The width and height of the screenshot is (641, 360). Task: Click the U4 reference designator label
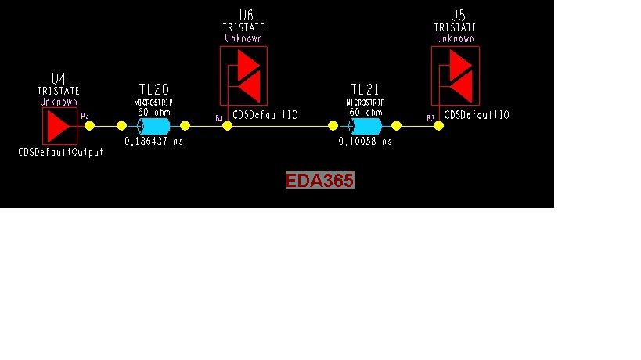59,78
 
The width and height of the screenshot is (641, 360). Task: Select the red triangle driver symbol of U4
58,125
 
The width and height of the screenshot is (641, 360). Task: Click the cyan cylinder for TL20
153,126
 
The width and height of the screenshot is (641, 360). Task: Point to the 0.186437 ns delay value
154,142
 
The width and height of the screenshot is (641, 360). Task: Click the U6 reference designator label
246,16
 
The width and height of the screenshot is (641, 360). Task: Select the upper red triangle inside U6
248,62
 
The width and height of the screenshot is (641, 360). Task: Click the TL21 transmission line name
366,89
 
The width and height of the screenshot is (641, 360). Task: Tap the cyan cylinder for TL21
366,126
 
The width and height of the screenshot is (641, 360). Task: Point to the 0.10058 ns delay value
366,142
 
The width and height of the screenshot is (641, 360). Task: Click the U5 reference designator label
457,16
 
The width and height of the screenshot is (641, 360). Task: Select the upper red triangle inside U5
460,62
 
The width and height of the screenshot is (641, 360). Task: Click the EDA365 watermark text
320,181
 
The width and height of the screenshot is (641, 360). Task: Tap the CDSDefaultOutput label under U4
60,153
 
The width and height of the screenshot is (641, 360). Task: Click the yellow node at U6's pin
227,125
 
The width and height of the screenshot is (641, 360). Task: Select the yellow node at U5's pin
438,125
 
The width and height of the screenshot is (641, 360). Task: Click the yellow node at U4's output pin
89,125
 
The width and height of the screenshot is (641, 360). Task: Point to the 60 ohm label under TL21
366,112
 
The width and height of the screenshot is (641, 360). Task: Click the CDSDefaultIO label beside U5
477,115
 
